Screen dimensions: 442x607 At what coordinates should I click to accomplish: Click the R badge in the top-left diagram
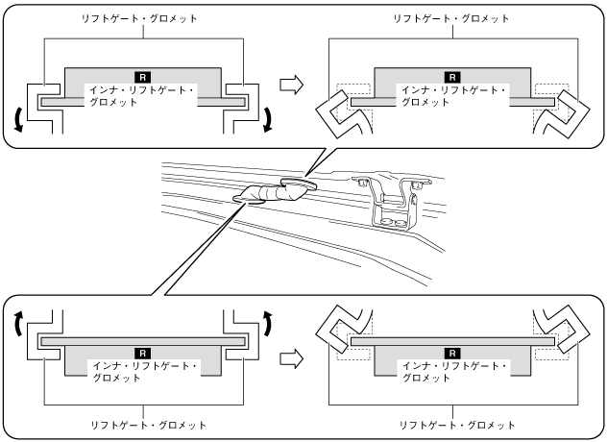(x=143, y=75)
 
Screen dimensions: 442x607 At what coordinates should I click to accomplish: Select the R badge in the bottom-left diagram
(x=143, y=353)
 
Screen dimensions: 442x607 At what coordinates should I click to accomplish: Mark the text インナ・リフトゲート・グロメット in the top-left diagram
(x=143, y=95)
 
